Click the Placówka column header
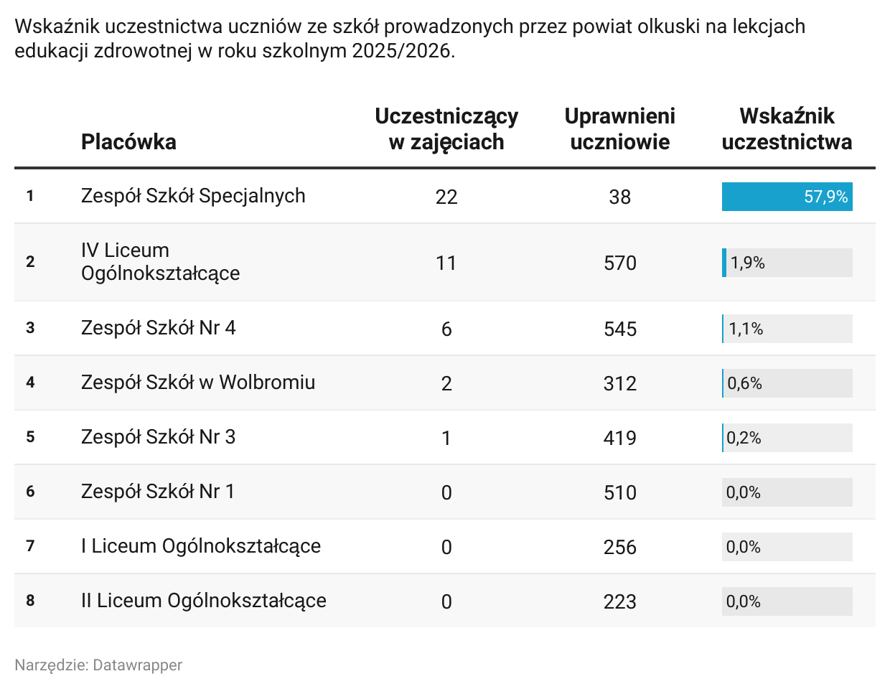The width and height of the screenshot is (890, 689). [128, 142]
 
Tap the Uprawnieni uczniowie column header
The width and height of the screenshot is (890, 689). [619, 129]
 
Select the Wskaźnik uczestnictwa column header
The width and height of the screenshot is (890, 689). [787, 129]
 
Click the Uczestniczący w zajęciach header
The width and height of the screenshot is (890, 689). [446, 129]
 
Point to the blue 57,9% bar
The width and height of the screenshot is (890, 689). [787, 197]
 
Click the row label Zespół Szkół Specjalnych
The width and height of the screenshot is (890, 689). [193, 196]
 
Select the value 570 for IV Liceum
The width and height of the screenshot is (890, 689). [619, 263]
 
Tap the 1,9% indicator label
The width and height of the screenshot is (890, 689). [748, 263]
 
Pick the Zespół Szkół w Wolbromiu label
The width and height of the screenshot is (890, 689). [198, 383]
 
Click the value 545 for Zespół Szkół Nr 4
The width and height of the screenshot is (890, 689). [619, 329]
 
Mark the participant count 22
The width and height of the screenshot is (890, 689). [446, 197]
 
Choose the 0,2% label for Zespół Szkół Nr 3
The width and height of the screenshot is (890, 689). [744, 438]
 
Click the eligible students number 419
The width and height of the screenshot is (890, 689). [619, 438]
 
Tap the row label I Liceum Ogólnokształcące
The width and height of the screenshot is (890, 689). [201, 546]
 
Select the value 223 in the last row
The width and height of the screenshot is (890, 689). [619, 601]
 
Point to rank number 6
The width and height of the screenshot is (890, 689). [30, 492]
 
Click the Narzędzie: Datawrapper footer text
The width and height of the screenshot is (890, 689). [98, 665]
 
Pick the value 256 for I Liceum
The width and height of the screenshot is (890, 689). [619, 547]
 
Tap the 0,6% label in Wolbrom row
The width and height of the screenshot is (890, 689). [744, 383]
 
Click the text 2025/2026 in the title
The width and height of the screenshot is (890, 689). [403, 51]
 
